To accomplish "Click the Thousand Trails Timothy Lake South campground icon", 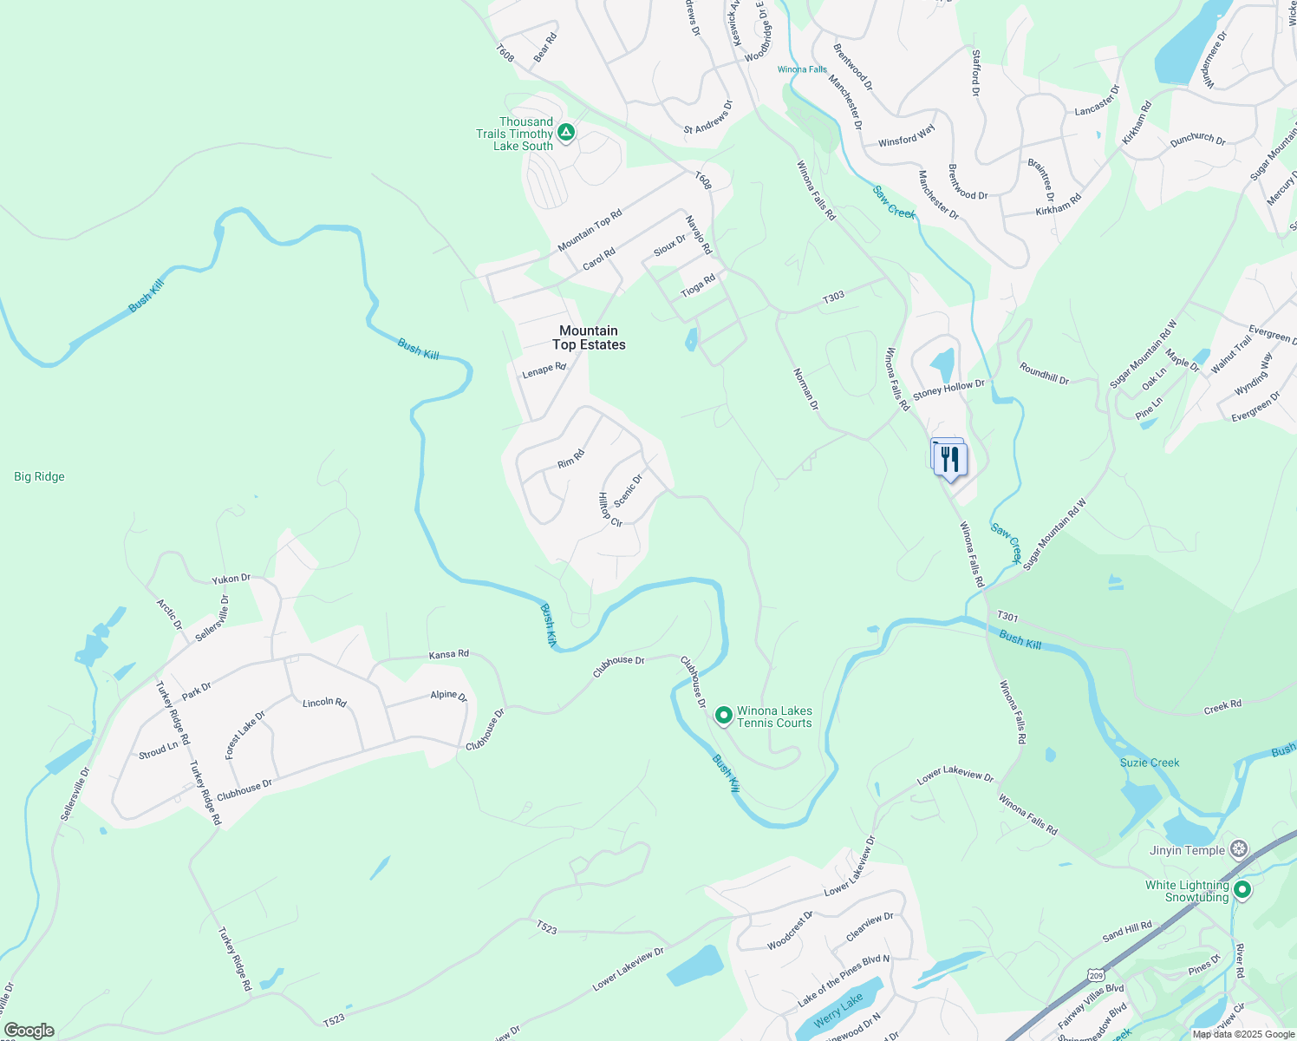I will click(566, 133).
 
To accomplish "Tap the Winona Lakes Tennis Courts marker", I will click(724, 716).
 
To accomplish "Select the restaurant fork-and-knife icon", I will click(950, 459).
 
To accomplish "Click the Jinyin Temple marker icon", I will click(1240, 849).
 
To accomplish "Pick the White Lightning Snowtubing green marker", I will click(1242, 889).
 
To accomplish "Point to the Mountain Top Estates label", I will click(589, 337).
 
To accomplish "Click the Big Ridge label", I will click(39, 476).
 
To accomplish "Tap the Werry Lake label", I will click(838, 1008).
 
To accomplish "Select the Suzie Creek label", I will click(1150, 763).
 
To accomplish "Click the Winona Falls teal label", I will click(802, 69).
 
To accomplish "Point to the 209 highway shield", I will click(1095, 974).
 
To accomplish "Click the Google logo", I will click(29, 1031).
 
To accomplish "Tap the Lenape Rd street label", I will click(544, 370).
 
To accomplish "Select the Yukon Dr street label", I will click(231, 578).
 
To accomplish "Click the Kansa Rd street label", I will click(448, 654).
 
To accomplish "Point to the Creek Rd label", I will click(1222, 707).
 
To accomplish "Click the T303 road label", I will click(833, 297).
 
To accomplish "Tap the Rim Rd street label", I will click(571, 458).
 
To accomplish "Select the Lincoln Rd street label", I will click(324, 702).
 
